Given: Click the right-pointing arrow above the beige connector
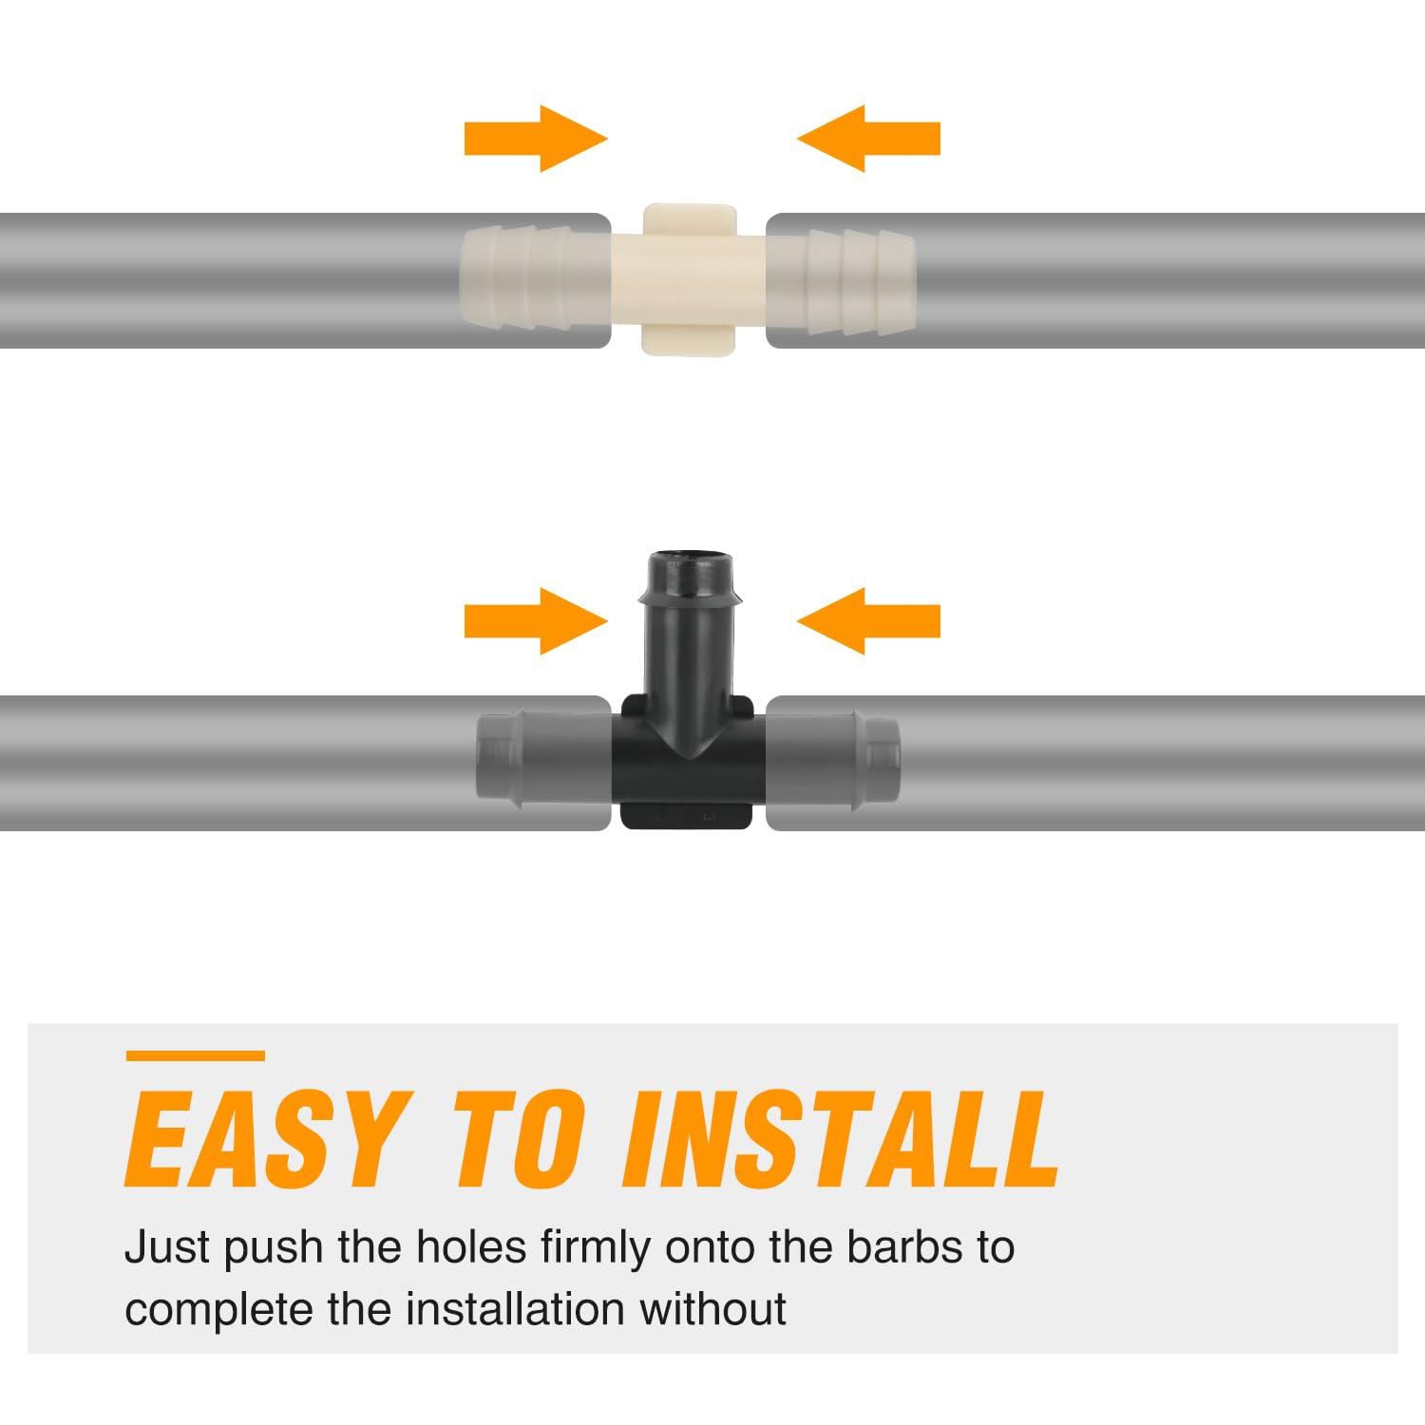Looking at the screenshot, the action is point(536,139).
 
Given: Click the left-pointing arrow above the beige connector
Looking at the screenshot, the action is point(868,139).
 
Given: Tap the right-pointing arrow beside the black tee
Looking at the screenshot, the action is point(536,621).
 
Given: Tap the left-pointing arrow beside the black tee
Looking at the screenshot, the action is point(868,621).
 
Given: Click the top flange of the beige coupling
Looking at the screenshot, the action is point(691,218).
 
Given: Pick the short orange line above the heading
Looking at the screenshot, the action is point(195,1055).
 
